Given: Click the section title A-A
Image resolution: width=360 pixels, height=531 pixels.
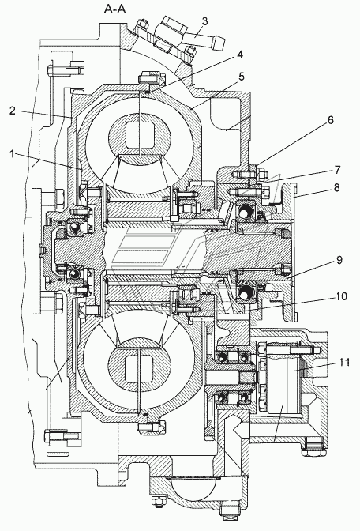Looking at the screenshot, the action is pos(114,9).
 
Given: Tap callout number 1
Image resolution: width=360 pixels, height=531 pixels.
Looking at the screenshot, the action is pos(13,154).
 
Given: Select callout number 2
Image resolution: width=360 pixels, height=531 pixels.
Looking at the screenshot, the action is pos(13,111).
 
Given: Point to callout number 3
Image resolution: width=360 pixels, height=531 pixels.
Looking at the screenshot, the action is pos(204,21).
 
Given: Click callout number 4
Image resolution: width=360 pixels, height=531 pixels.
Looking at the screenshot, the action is pos(240,55).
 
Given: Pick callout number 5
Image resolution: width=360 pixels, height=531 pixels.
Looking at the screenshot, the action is pos(242,77).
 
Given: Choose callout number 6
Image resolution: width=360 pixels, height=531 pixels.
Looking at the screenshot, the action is pos(330,120).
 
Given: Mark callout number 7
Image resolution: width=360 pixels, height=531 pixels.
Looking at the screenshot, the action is pos(337,169).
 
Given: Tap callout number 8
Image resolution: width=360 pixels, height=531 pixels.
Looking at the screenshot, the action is pos(336,187).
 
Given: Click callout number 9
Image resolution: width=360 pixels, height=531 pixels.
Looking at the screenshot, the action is pos(339,260).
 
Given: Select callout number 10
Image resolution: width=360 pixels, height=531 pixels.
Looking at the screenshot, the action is pos(341,296).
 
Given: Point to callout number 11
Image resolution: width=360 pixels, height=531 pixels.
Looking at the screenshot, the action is pos(343,362).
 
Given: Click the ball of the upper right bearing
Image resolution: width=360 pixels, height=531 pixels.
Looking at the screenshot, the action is pos(244,213).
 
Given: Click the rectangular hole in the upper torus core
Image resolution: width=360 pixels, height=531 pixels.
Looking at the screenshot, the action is pos(140,135).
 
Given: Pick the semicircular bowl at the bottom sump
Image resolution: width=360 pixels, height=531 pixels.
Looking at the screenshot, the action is pos(193,488).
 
